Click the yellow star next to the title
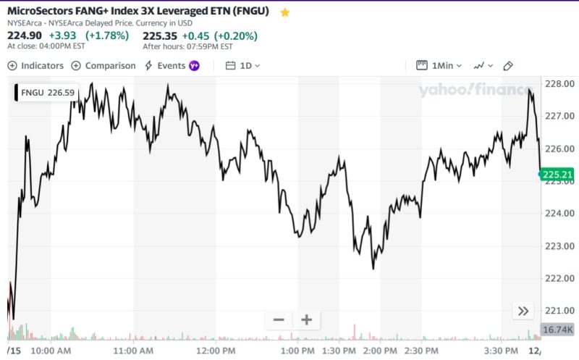coord(285,12)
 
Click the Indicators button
coord(35,65)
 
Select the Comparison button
coord(103,65)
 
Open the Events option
coord(172,65)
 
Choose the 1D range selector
coord(243,65)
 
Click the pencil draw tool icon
coord(508,65)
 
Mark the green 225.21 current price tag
coord(556,174)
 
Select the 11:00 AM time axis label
coord(133,351)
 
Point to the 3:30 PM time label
coord(501,351)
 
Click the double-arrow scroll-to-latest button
coord(523,311)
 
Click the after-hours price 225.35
coord(160,35)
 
